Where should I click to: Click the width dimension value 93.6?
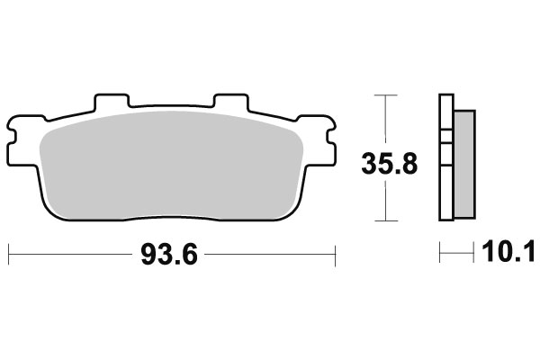[168, 255]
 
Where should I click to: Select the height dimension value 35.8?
[389, 165]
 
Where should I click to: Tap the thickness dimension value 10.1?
[507, 255]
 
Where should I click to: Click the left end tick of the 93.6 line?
[8, 255]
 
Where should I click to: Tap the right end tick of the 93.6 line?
[335, 255]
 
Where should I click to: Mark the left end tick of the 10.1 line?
[440, 255]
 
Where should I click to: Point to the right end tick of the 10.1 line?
[473, 255]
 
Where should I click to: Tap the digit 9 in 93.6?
[148, 255]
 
